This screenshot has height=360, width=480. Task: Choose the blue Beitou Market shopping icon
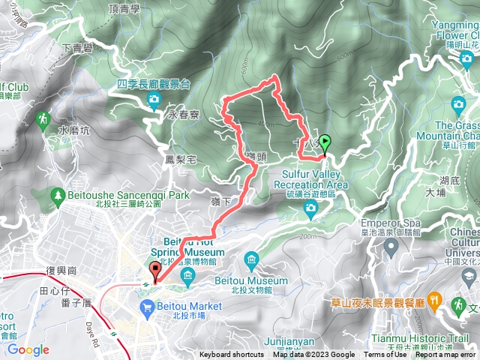tap(147, 306)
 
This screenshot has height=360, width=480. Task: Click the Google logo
tap(28, 349)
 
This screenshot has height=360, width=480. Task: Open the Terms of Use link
tap(385, 355)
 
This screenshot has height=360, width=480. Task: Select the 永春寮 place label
tap(182, 116)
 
